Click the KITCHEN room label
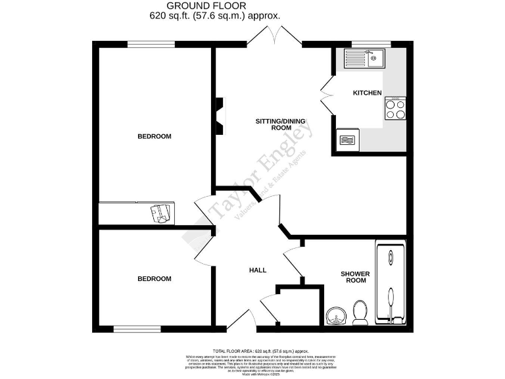point(367,93)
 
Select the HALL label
point(257,270)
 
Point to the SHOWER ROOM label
point(355,277)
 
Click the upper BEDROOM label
point(154,136)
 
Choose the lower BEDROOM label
point(154,278)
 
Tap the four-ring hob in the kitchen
point(395,109)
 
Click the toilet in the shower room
point(360,313)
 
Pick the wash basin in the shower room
point(337,316)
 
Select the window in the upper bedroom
point(151,44)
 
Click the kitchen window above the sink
point(371,44)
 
